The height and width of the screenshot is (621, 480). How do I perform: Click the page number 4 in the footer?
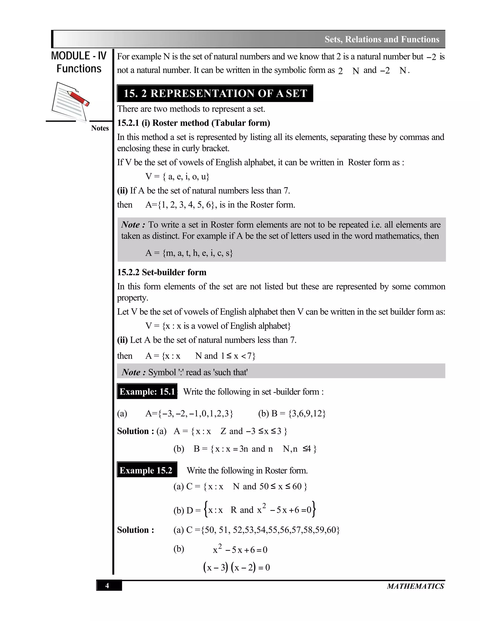[x=107, y=585]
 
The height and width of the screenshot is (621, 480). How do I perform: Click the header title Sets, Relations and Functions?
[x=382, y=39]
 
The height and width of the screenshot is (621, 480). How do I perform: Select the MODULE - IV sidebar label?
[x=79, y=56]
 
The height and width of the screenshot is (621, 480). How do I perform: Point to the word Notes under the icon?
[x=100, y=128]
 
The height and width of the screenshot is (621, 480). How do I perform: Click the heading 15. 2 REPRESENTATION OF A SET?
[x=215, y=93]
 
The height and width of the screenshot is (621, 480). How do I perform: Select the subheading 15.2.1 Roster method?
[x=193, y=123]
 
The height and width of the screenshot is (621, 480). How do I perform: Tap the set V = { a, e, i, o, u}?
[x=177, y=177]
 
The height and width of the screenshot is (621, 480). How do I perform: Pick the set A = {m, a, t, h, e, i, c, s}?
[x=189, y=253]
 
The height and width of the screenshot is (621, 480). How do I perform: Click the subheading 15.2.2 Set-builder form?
[x=161, y=272]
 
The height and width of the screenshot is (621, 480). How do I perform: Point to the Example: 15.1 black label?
[x=147, y=392]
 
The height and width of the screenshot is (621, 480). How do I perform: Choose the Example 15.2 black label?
[x=146, y=470]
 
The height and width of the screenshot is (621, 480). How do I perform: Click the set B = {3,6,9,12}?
[x=292, y=413]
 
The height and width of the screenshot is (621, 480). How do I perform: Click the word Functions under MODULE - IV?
[x=79, y=69]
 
